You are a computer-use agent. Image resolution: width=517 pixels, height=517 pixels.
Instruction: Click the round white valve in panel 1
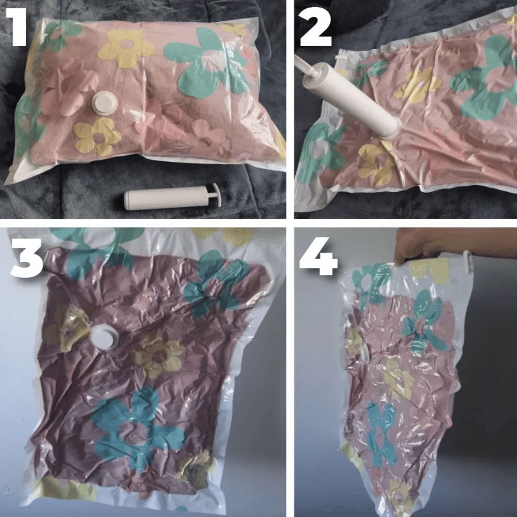[x=105, y=102]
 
